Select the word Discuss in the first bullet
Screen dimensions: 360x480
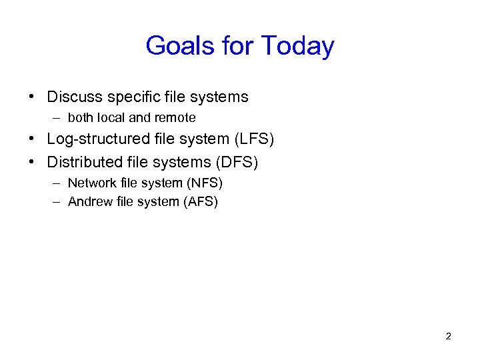coord(73,97)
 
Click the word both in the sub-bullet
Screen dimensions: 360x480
coord(81,118)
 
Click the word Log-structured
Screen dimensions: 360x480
coord(98,140)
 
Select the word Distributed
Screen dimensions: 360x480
coord(85,162)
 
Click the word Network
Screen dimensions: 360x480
coord(91,183)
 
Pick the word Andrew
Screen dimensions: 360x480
coord(90,202)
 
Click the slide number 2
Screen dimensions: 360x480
coord(448,336)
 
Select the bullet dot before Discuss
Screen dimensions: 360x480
coord(32,97)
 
